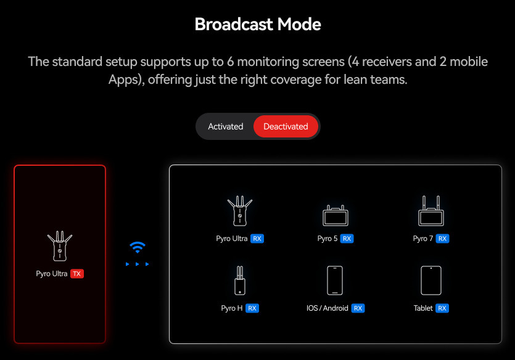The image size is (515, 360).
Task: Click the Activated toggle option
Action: (x=225, y=126)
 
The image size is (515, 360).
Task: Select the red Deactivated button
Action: (x=286, y=126)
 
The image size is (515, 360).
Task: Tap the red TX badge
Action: (x=77, y=274)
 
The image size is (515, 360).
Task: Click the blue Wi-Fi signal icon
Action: (x=138, y=247)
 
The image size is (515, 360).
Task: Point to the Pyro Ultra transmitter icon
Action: (x=60, y=246)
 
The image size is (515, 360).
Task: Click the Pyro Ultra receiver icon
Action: (x=240, y=211)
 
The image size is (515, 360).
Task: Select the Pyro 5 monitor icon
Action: (x=336, y=216)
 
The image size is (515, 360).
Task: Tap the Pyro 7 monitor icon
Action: (x=431, y=211)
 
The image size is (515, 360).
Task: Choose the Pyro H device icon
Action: (x=240, y=280)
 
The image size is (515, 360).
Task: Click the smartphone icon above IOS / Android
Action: (x=335, y=280)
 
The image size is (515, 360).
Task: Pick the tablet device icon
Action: (x=431, y=280)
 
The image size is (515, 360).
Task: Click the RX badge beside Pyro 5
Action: (x=347, y=239)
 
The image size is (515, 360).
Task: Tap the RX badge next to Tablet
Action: (x=442, y=308)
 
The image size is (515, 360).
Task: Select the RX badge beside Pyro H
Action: (x=252, y=308)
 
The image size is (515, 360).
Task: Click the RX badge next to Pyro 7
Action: (x=442, y=239)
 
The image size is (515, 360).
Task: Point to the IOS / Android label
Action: (x=327, y=308)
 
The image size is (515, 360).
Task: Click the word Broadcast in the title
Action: (x=234, y=24)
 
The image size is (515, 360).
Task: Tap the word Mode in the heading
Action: (x=299, y=24)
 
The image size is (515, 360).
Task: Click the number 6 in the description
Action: (x=230, y=62)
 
